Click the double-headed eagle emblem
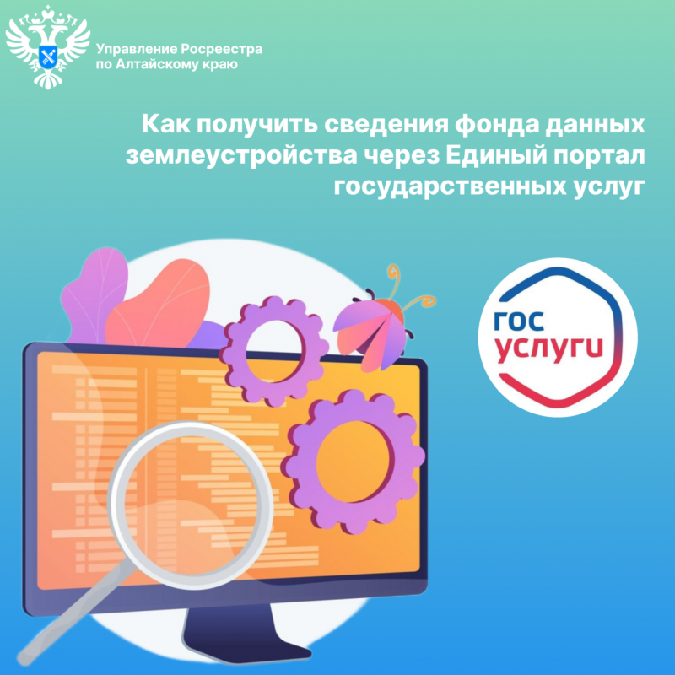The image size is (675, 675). pyautogui.click(x=48, y=49)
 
